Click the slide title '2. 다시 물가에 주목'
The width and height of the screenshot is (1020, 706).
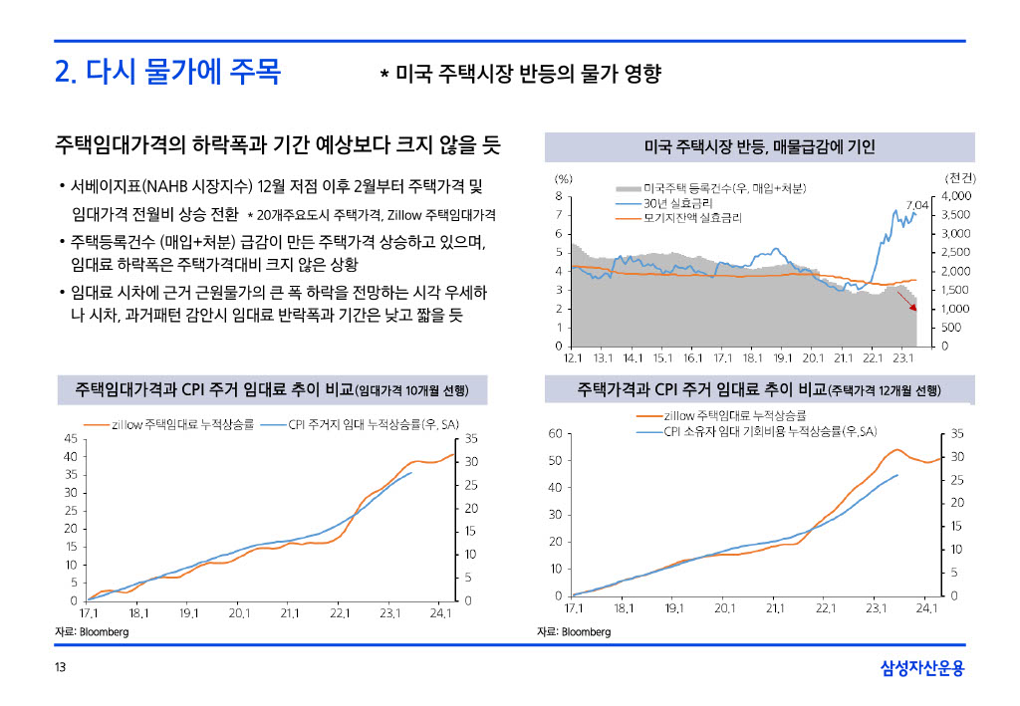(x=167, y=73)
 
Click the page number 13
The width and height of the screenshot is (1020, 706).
(x=61, y=668)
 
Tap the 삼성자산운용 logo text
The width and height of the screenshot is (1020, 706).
(x=922, y=668)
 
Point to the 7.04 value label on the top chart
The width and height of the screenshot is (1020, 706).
(x=917, y=204)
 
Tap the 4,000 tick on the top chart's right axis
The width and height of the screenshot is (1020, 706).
(x=957, y=196)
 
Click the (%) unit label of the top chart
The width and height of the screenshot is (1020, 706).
(x=564, y=178)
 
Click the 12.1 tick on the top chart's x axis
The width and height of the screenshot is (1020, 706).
(x=574, y=356)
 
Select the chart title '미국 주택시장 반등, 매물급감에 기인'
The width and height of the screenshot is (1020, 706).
(x=759, y=147)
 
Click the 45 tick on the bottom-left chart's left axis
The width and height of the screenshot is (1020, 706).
(x=71, y=438)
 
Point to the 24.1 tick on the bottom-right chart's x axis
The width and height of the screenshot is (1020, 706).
(x=927, y=607)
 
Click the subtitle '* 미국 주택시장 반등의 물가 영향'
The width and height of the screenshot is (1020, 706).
(x=521, y=75)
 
